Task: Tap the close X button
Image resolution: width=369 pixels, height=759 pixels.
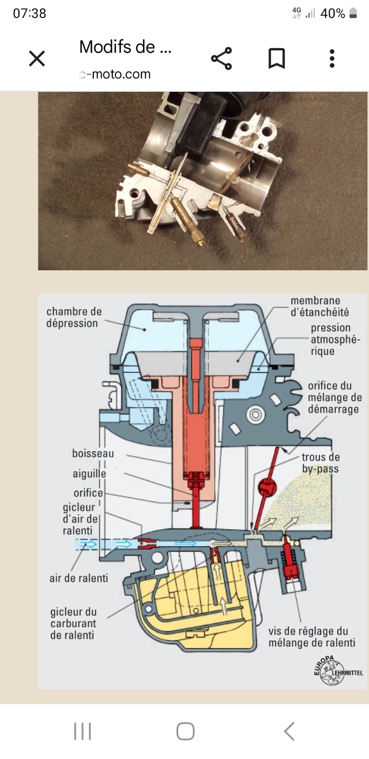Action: [37, 58]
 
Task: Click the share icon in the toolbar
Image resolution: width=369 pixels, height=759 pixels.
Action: [221, 58]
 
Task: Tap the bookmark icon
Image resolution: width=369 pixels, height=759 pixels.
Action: [277, 58]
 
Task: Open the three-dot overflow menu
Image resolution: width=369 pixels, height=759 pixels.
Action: [332, 58]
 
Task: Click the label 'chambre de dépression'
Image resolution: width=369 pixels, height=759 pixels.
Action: [74, 317]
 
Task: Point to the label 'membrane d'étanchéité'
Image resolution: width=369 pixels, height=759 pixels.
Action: [319, 306]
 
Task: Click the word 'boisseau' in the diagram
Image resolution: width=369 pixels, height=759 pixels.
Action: [93, 453]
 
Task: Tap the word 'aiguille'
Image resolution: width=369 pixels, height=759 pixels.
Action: [89, 474]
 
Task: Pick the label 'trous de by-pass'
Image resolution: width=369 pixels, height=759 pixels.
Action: [321, 463]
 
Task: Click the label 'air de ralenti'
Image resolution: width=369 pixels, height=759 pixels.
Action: [78, 578]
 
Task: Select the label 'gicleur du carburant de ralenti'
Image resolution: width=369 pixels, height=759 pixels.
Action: [73, 624]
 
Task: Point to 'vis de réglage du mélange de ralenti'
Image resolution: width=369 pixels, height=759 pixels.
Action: [312, 637]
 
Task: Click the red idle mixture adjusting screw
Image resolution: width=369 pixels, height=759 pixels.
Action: [290, 557]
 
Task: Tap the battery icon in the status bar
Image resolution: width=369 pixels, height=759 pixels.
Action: [353, 13]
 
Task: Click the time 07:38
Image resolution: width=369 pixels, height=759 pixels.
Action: [29, 13]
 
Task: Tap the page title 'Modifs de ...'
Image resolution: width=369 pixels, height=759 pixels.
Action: [125, 47]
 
